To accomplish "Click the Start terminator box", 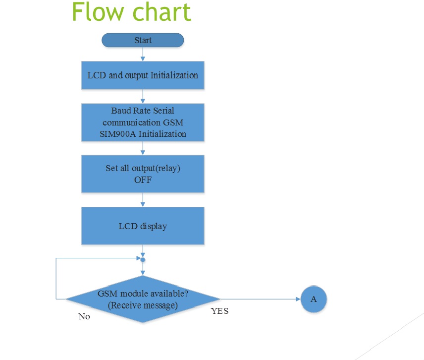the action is [143, 40].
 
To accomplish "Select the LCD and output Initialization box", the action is [143, 75].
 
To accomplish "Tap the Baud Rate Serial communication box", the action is [143, 122].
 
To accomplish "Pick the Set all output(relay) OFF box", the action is [143, 174].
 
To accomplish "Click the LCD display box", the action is [143, 226].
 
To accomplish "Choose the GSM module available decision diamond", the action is [143, 299].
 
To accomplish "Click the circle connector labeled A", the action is [314, 299].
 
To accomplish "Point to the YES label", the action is [219, 311].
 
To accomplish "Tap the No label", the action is [84, 316].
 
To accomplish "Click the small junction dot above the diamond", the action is [143, 260].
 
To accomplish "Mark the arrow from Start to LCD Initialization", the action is [143, 54].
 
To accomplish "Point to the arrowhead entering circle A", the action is [298, 299].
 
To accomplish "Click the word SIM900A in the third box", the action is [117, 134].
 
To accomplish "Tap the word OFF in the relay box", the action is [143, 180].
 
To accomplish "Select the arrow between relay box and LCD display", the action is [143, 200].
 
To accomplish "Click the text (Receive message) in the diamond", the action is [143, 305].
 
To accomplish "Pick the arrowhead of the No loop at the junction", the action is [139, 258].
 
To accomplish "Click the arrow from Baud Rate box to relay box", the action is [143, 148].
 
